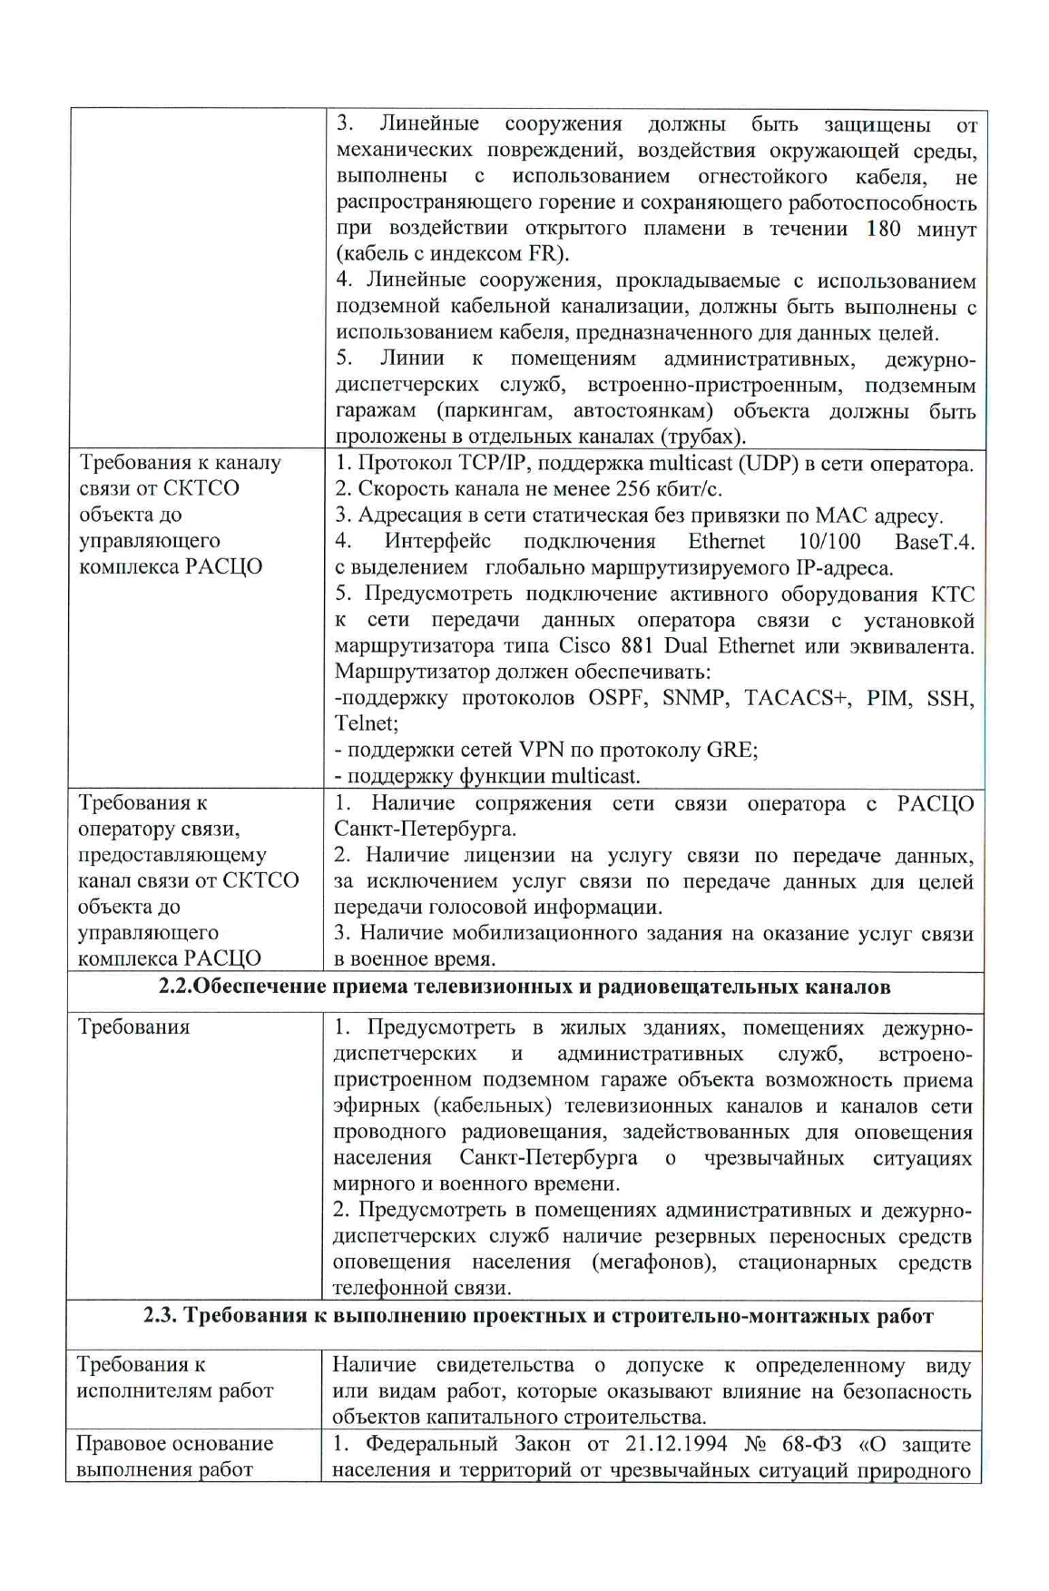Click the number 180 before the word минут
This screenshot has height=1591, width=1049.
pos(883,228)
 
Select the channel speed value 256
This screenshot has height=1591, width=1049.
pos(625,489)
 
